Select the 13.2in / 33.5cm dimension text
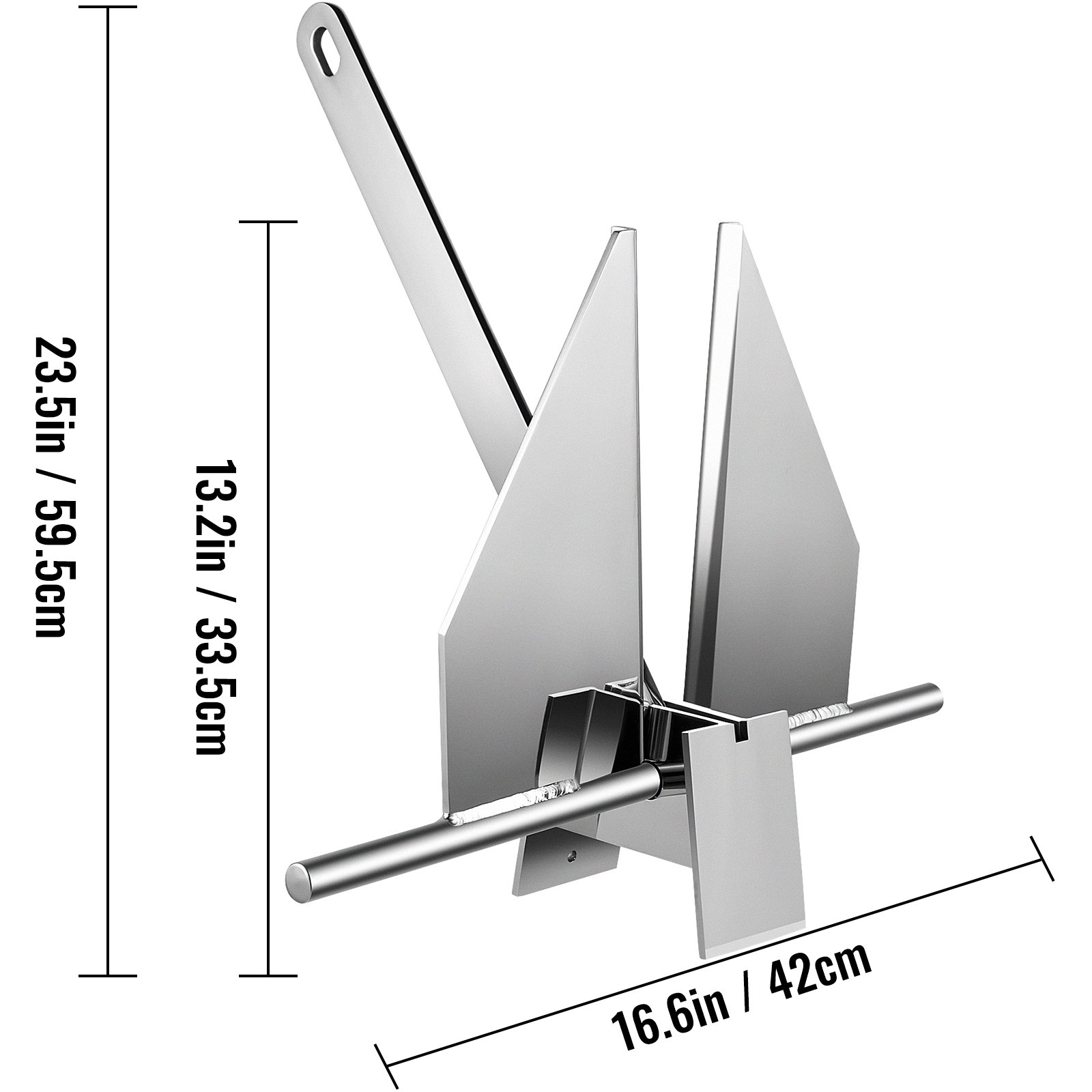[x=211, y=606]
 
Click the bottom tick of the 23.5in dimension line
[x=108, y=975]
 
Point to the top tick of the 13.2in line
[x=268, y=222]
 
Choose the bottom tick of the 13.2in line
[x=268, y=975]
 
